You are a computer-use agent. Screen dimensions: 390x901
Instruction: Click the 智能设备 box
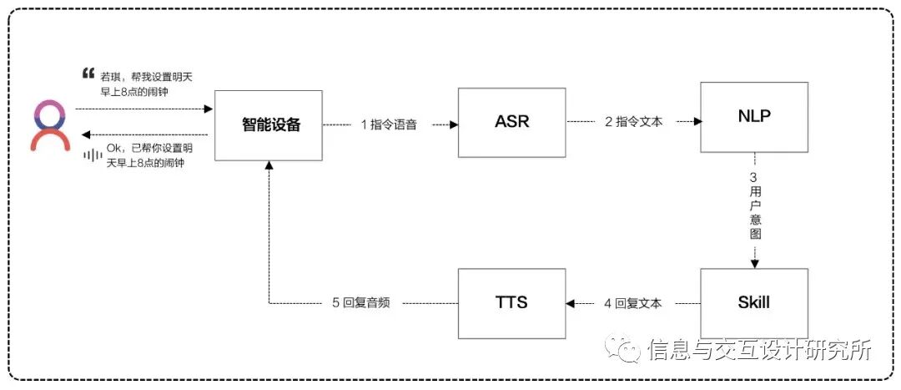pyautogui.click(x=268, y=125)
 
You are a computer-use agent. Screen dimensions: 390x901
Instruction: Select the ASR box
pyautogui.click(x=511, y=122)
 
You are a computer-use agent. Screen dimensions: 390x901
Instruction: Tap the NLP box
pyautogui.click(x=754, y=117)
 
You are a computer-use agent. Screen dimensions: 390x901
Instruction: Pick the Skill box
pyautogui.click(x=754, y=302)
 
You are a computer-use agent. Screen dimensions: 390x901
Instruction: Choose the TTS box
pyautogui.click(x=511, y=302)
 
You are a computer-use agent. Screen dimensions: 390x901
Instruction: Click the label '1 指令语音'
pyautogui.click(x=389, y=124)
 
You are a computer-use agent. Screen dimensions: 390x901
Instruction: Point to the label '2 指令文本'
pyautogui.click(x=633, y=122)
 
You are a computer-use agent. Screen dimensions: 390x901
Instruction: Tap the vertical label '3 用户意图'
pyautogui.click(x=754, y=207)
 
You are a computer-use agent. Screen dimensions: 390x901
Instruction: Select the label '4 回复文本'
pyautogui.click(x=633, y=303)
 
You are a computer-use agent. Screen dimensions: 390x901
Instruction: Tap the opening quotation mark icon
pyautogui.click(x=89, y=73)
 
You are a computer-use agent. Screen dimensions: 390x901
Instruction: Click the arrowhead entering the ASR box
pyautogui.click(x=455, y=124)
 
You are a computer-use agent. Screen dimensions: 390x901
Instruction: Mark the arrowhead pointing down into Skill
pyautogui.click(x=754, y=263)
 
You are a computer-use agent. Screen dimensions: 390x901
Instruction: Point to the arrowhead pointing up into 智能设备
pyautogui.click(x=268, y=165)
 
